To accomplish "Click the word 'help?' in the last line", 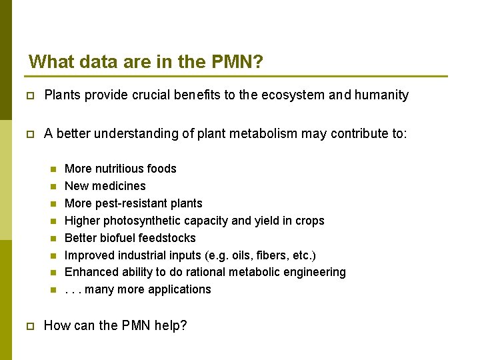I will click(x=170, y=326).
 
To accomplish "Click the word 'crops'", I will click(x=309, y=221).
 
